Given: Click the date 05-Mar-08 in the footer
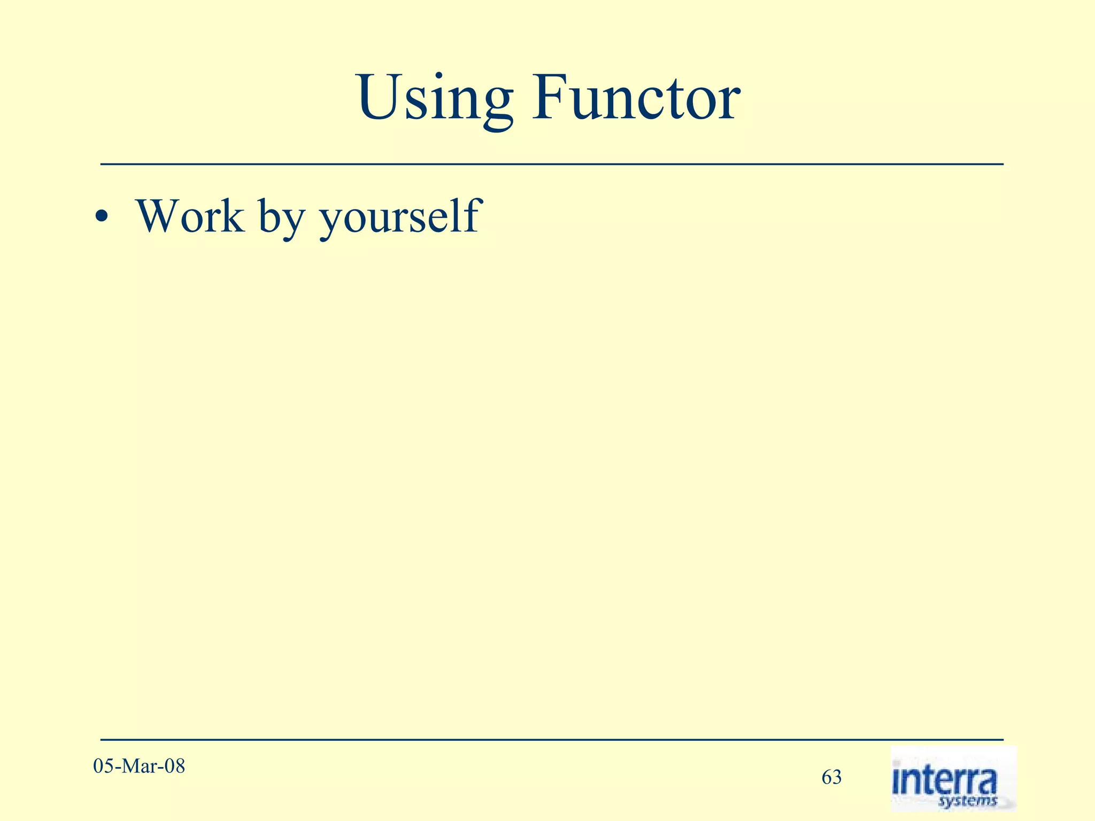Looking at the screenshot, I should pyautogui.click(x=139, y=766).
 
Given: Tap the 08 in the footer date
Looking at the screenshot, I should pyautogui.click(x=174, y=766).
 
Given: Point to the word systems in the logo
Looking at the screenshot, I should pyautogui.click(x=968, y=801).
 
